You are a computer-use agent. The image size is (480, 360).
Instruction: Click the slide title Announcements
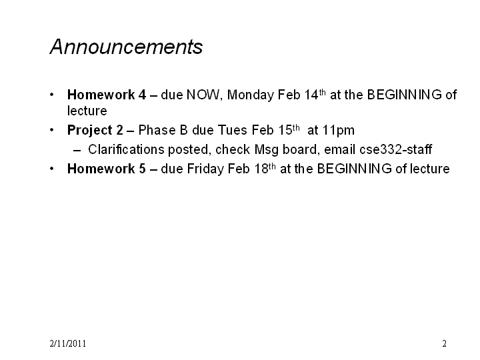[126, 47]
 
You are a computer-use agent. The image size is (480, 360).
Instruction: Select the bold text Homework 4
[107, 95]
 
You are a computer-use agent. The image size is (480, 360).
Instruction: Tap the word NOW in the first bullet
[203, 95]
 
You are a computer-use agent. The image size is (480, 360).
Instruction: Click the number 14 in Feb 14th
[311, 95]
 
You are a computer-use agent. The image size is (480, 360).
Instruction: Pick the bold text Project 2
[95, 131]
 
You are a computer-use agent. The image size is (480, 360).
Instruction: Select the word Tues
[232, 130]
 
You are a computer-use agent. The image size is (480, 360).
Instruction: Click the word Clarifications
[127, 149]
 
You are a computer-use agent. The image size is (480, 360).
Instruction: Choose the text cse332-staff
[396, 149]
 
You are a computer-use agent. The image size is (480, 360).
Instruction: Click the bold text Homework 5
[107, 169]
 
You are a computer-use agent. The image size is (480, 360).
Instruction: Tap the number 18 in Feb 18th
[261, 169]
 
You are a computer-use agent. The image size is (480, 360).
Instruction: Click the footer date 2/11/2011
[67, 343]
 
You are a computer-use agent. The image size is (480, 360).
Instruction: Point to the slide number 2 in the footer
[444, 343]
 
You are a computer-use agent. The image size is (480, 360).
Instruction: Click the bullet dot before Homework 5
[52, 169]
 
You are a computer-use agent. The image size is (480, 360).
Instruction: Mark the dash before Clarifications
[77, 150]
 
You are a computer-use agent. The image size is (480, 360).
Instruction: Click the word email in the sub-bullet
[340, 149]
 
